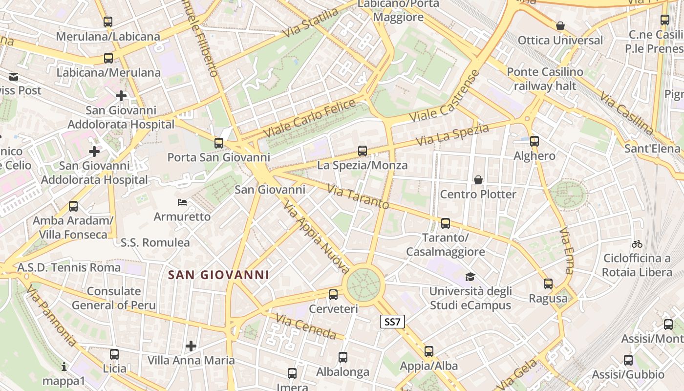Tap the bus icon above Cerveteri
point(333,294)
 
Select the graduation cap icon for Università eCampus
point(470,277)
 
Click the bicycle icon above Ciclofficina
point(637,243)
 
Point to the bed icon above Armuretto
point(182,202)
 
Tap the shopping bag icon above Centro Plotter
point(478,180)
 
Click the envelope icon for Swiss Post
point(13,76)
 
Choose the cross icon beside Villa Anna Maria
point(191,346)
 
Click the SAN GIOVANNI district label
point(218,275)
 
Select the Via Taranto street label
point(358,196)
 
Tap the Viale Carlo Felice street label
point(310,118)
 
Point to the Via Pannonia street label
point(51,315)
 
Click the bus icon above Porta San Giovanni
point(219,143)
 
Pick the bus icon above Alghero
point(534,141)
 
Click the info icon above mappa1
point(64,366)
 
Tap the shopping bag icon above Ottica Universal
point(560,25)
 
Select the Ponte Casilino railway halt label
point(545,79)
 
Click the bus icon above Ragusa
point(548,283)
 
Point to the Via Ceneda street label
point(306,326)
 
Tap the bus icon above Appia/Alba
point(429,351)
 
